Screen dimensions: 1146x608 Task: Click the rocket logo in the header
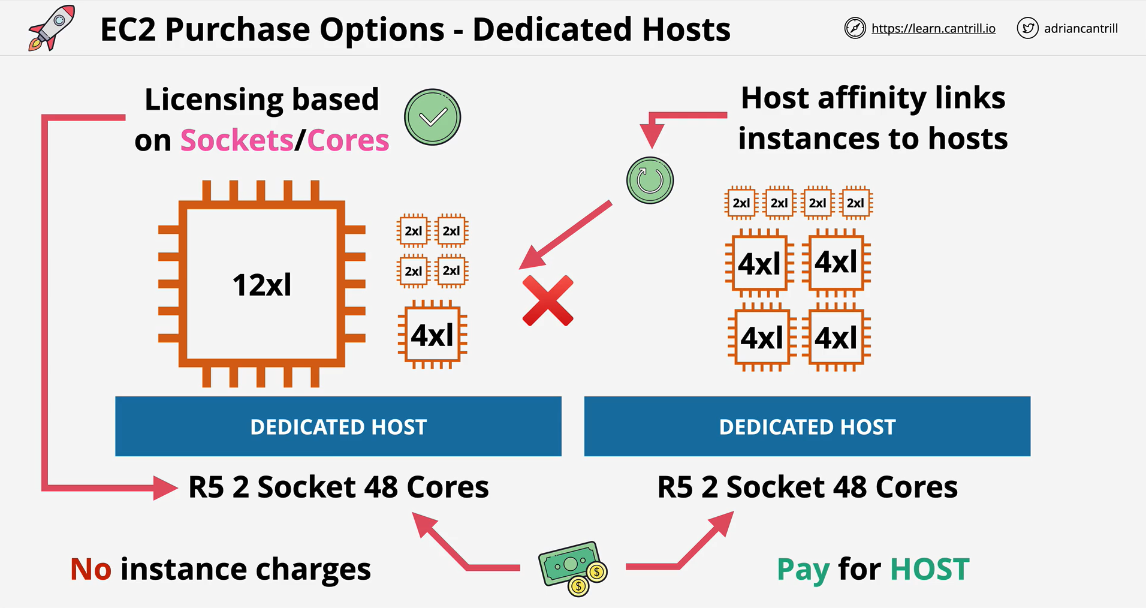point(52,28)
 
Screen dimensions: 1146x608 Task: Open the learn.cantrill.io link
point(933,28)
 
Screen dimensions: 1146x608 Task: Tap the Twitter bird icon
point(1027,28)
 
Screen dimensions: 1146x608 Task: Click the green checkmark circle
point(432,117)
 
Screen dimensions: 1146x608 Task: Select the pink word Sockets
point(237,140)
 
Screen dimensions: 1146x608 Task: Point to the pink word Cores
point(348,140)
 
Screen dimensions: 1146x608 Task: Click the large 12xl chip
point(262,284)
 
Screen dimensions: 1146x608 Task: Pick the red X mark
point(548,301)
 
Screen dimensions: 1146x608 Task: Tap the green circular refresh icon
point(650,180)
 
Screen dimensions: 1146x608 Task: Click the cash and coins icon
point(573,568)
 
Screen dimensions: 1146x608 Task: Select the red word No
point(91,569)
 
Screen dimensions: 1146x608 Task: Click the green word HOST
point(930,569)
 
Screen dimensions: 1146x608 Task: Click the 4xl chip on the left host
point(432,335)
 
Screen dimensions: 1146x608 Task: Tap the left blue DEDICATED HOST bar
point(338,426)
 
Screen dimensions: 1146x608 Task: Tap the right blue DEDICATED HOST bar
point(807,426)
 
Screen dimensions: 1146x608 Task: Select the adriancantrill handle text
point(1081,28)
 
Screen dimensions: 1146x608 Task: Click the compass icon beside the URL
point(855,28)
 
